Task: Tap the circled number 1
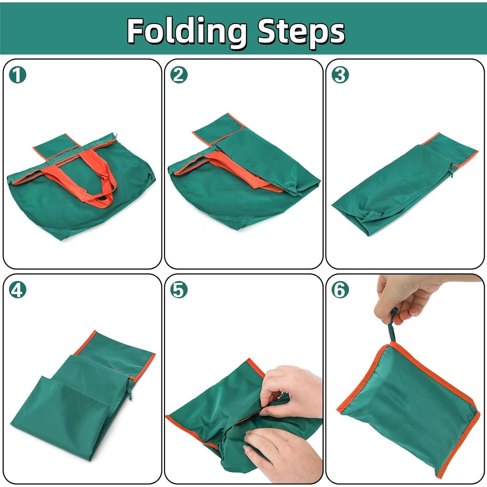17,75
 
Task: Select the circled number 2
179,75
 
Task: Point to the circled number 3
340,75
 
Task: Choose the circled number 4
17,290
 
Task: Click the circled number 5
179,290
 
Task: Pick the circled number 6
340,290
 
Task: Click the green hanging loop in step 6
392,328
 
